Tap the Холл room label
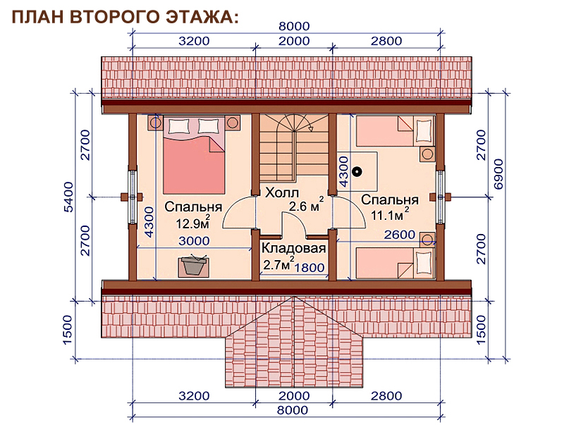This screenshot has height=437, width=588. click(282, 193)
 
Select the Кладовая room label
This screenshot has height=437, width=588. click(293, 248)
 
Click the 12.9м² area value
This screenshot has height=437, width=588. click(193, 223)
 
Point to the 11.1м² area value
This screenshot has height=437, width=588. click(390, 214)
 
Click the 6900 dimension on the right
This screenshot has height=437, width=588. click(498, 174)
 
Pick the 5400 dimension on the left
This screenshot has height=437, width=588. click(69, 197)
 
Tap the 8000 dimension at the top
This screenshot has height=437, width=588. click(294, 26)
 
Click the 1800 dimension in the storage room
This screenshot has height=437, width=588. click(310, 268)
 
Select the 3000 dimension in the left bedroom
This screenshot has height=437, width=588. click(194, 240)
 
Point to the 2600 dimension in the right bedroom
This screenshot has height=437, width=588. click(400, 235)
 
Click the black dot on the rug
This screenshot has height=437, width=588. click(357, 172)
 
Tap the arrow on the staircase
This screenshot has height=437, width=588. click(310, 129)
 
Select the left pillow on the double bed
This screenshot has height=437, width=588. click(178, 126)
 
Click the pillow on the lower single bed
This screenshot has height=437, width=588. click(424, 262)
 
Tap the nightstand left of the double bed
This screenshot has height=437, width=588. click(155, 122)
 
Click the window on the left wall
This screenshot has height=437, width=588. click(133, 197)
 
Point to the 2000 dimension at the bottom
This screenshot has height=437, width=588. click(294, 396)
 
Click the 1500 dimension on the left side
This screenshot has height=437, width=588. click(67, 330)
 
